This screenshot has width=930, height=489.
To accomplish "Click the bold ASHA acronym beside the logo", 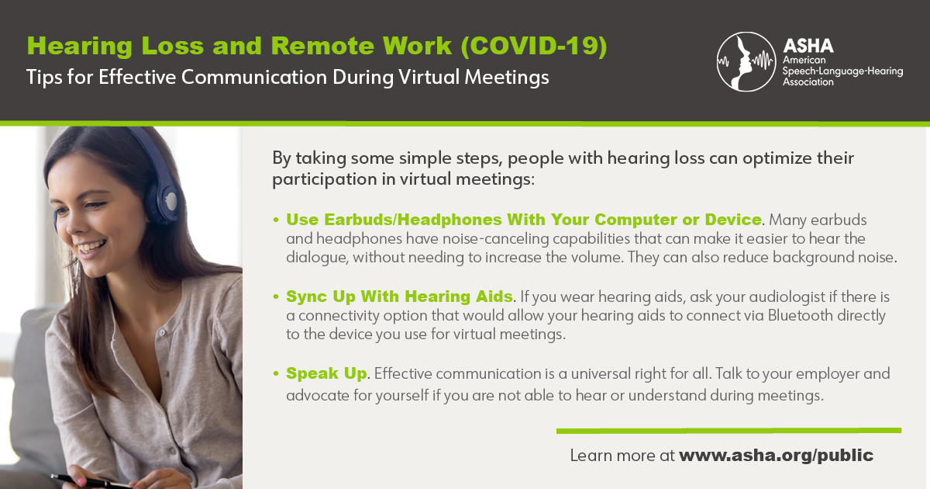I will click(x=808, y=46).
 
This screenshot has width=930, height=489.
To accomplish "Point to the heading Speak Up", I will click(x=326, y=373).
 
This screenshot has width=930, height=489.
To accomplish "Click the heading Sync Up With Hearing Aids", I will click(x=399, y=297).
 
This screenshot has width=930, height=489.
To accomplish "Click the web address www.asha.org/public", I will click(x=776, y=456).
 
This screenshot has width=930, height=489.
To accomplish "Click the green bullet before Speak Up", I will click(x=276, y=374).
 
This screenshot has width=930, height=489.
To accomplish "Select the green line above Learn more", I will click(x=728, y=430).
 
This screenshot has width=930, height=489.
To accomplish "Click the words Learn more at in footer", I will click(x=622, y=456).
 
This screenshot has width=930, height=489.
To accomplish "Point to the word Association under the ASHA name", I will click(x=810, y=81).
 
